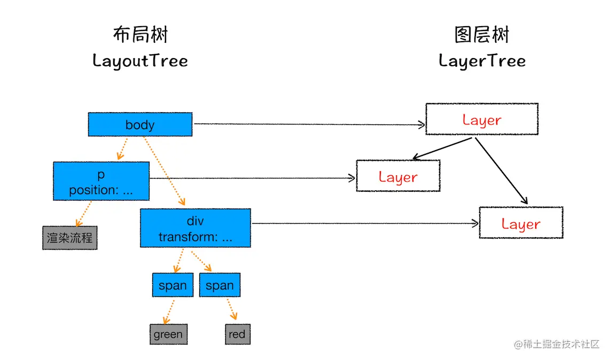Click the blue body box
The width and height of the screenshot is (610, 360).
click(x=139, y=124)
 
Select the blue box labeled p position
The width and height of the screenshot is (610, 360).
click(x=101, y=182)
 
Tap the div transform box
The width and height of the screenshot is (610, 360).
click(x=195, y=228)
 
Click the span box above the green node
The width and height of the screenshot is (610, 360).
click(x=173, y=285)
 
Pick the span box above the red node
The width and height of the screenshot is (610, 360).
click(x=220, y=285)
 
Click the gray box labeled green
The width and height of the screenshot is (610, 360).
click(x=168, y=334)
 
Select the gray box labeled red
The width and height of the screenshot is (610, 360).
click(x=237, y=334)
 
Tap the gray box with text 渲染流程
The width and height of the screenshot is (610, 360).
click(x=69, y=238)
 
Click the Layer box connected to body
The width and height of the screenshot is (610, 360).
click(x=481, y=119)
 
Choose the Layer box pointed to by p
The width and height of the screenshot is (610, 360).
click(x=398, y=176)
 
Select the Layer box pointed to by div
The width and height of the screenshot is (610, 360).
click(x=521, y=223)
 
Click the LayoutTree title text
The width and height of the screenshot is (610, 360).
click(x=140, y=60)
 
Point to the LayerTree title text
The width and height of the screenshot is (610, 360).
click(x=482, y=60)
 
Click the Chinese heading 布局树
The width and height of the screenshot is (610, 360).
click(x=140, y=35)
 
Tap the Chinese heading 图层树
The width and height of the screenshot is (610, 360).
click(x=482, y=35)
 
